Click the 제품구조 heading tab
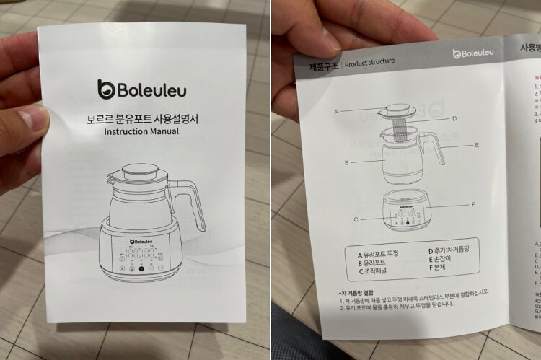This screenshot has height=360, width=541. (x=319, y=65)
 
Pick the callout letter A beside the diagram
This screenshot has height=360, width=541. (x=336, y=112)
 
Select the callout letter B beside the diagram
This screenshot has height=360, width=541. (x=346, y=163)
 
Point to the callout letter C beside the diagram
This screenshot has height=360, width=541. (x=356, y=219)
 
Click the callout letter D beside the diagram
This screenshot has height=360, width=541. (x=454, y=118)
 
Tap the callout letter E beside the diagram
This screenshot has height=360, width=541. (x=477, y=144)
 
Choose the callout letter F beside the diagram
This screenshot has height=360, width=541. (x=472, y=204)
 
